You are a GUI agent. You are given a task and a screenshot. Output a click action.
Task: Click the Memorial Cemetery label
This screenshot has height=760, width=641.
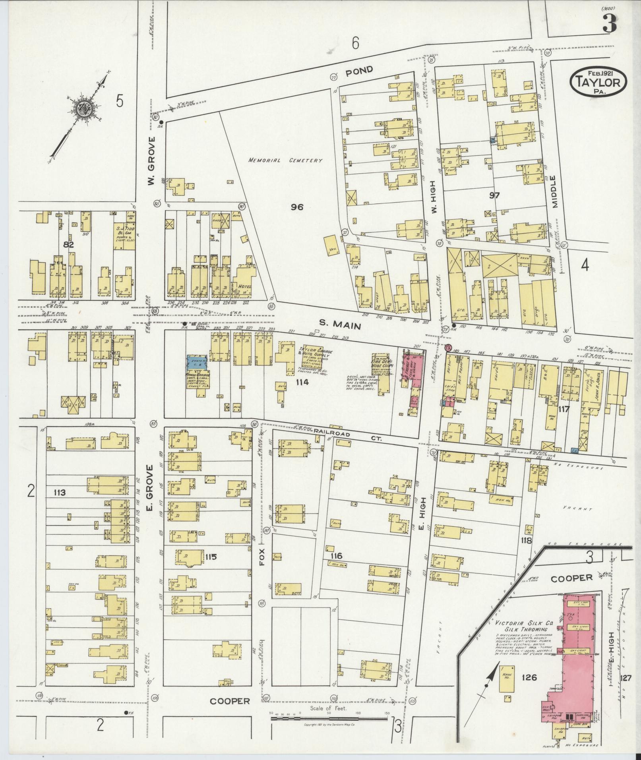click(x=285, y=161)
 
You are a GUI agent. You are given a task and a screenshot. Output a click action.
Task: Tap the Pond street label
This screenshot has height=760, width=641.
click(x=359, y=71)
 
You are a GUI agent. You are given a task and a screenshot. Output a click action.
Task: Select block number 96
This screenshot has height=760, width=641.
click(x=297, y=207)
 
